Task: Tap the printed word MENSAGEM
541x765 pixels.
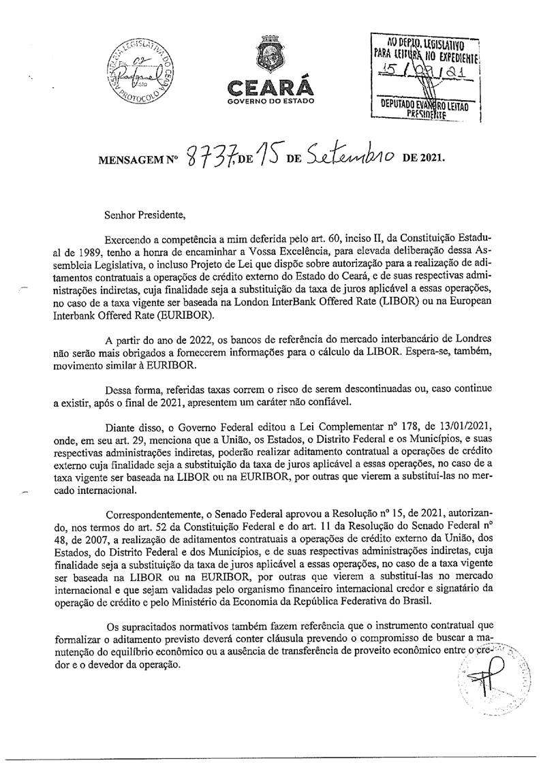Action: point(134,161)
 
